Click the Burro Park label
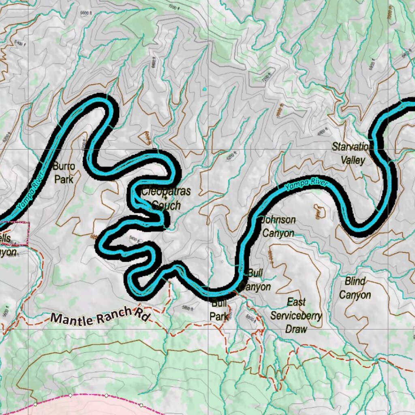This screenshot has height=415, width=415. pyautogui.click(x=64, y=173)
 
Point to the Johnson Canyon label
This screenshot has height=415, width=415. pyautogui.click(x=278, y=227)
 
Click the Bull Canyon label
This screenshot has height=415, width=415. pyautogui.click(x=255, y=280)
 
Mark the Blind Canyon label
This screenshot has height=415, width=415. pyautogui.click(x=355, y=288)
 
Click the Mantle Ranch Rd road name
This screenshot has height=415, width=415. pyautogui.click(x=99, y=315)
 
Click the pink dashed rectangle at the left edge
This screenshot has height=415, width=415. pyautogui.click(x=15, y=233)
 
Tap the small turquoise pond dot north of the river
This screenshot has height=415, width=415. pyautogui.click(x=204, y=89)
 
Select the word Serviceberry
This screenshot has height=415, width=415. pyautogui.click(x=296, y=316)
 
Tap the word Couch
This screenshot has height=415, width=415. pyautogui.click(x=166, y=205)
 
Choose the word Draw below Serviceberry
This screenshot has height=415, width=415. pyautogui.click(x=296, y=329)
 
